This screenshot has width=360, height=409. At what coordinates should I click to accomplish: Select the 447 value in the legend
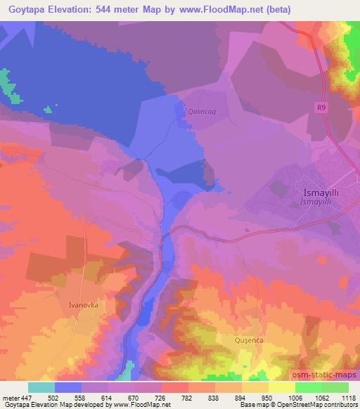click(x=27, y=398)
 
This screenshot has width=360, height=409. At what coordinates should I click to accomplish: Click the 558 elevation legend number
click(x=82, y=398)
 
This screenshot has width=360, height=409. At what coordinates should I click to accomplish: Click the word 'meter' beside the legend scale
click(x=11, y=398)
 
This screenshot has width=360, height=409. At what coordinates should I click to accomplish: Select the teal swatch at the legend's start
click(x=41, y=387)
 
